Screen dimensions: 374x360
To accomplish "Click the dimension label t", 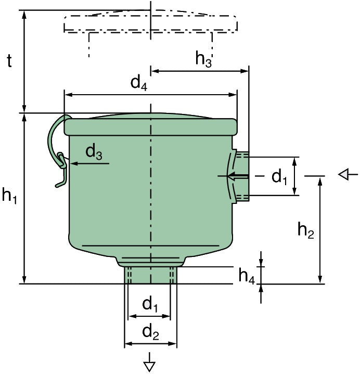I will point(9,61).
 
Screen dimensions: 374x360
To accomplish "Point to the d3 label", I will point(94,152).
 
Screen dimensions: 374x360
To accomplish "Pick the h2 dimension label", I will point(306,229).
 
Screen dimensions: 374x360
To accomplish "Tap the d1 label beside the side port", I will point(279,177).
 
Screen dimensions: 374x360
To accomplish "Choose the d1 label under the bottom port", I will point(150,304).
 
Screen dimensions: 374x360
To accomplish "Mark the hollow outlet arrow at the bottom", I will point(150,365).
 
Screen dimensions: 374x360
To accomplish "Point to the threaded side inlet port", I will point(242,176).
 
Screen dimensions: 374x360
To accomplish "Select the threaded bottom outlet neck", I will point(150,274).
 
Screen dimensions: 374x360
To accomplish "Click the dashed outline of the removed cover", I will point(150,23).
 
